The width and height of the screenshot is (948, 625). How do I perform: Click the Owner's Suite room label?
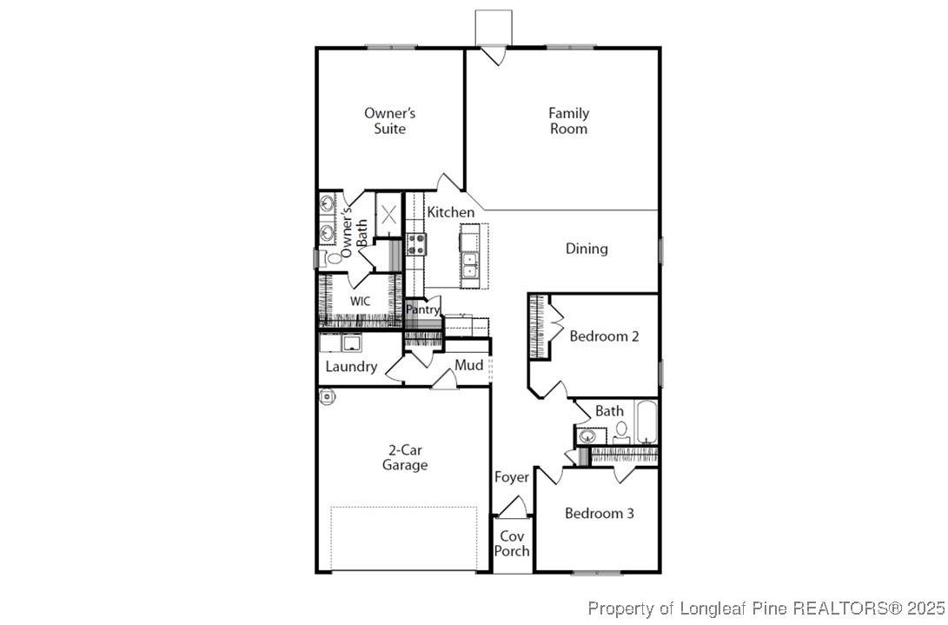tap(389, 121)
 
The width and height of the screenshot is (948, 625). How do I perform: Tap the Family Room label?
tap(568, 121)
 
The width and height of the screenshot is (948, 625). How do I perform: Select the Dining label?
tap(587, 249)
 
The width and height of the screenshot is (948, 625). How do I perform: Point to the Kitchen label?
tap(450, 212)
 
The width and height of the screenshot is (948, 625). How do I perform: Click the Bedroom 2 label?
tap(604, 336)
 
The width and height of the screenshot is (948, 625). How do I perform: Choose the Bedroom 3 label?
tap(600, 513)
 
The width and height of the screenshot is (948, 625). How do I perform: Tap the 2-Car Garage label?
tap(404, 457)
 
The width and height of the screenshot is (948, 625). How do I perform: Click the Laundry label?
tap(351, 367)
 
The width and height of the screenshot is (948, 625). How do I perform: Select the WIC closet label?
tap(360, 302)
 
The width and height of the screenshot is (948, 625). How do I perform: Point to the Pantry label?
tap(422, 309)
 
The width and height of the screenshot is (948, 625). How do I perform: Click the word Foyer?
tap(512, 477)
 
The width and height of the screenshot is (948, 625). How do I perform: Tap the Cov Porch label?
tap(512, 543)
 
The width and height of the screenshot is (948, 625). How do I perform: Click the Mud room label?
tap(469, 365)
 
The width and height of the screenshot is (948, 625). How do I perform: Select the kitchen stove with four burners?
tap(415, 244)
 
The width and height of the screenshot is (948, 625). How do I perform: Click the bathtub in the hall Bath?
tap(646, 422)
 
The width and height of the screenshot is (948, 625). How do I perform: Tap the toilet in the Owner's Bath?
tap(331, 258)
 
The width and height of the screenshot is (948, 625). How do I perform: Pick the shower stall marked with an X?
tap(388, 214)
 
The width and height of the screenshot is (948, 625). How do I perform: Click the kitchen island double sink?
tap(469, 264)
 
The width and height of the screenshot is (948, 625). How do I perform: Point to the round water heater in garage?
tap(327, 397)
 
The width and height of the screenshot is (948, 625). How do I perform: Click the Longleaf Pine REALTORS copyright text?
tap(766, 607)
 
